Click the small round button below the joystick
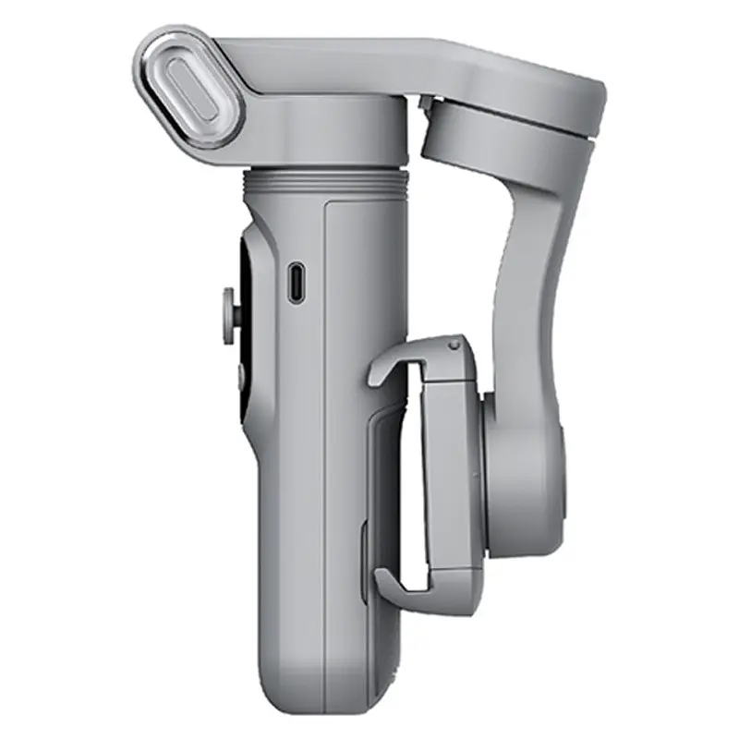point(232,373)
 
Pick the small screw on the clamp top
point(453,345)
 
